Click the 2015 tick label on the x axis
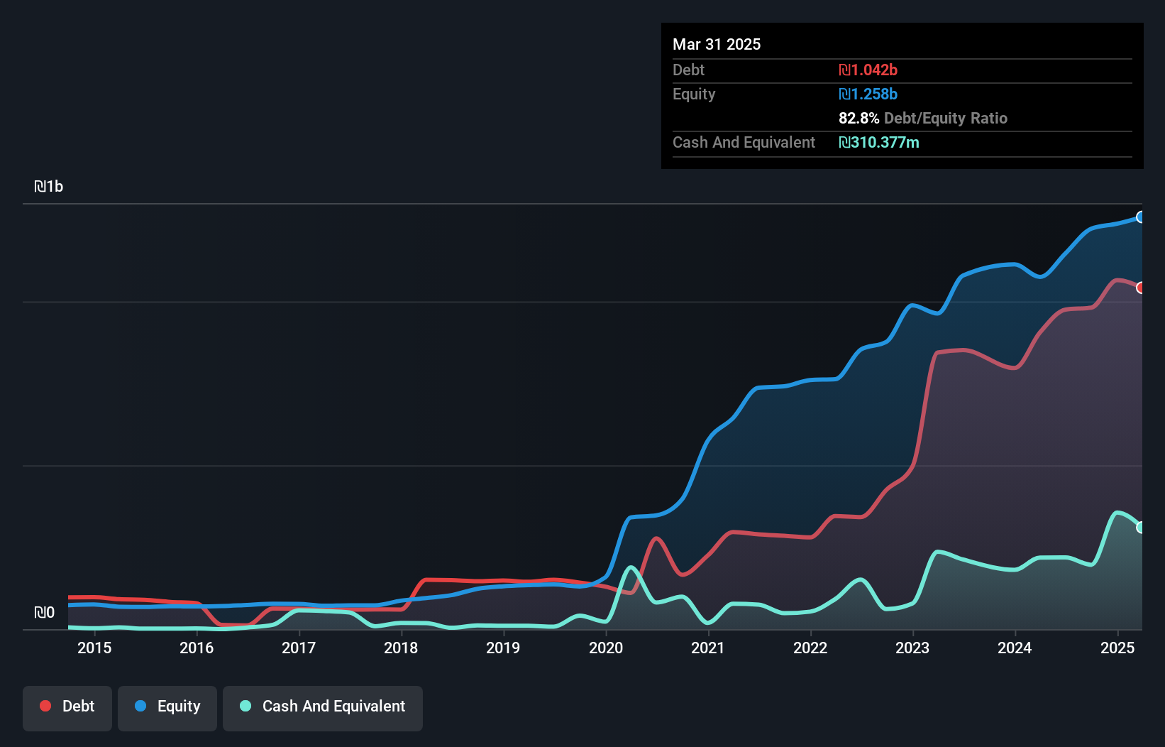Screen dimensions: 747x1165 coord(94,648)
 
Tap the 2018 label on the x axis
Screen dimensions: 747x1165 coord(401,648)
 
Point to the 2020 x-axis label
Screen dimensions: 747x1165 coord(606,648)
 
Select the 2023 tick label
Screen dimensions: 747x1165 coord(912,648)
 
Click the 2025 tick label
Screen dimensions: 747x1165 coord(1117,648)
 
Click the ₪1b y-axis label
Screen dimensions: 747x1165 coord(48,187)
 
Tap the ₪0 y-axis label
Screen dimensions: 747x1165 coord(44,612)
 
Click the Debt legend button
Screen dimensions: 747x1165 coord(67,707)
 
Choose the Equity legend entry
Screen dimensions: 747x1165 coord(167,707)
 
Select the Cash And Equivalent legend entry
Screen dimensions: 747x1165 coord(323,707)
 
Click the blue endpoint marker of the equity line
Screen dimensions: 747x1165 coord(1141,217)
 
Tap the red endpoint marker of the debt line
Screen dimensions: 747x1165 coord(1141,288)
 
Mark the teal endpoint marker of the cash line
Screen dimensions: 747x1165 coord(1141,528)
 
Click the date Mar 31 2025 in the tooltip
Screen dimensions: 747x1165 coord(717,44)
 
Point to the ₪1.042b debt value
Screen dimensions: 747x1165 coord(868,70)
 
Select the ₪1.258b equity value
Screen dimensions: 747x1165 coord(868,94)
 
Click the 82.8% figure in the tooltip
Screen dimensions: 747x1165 coord(858,118)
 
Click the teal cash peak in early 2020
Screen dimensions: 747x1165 coord(631,567)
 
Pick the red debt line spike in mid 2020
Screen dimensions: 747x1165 coord(656,538)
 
